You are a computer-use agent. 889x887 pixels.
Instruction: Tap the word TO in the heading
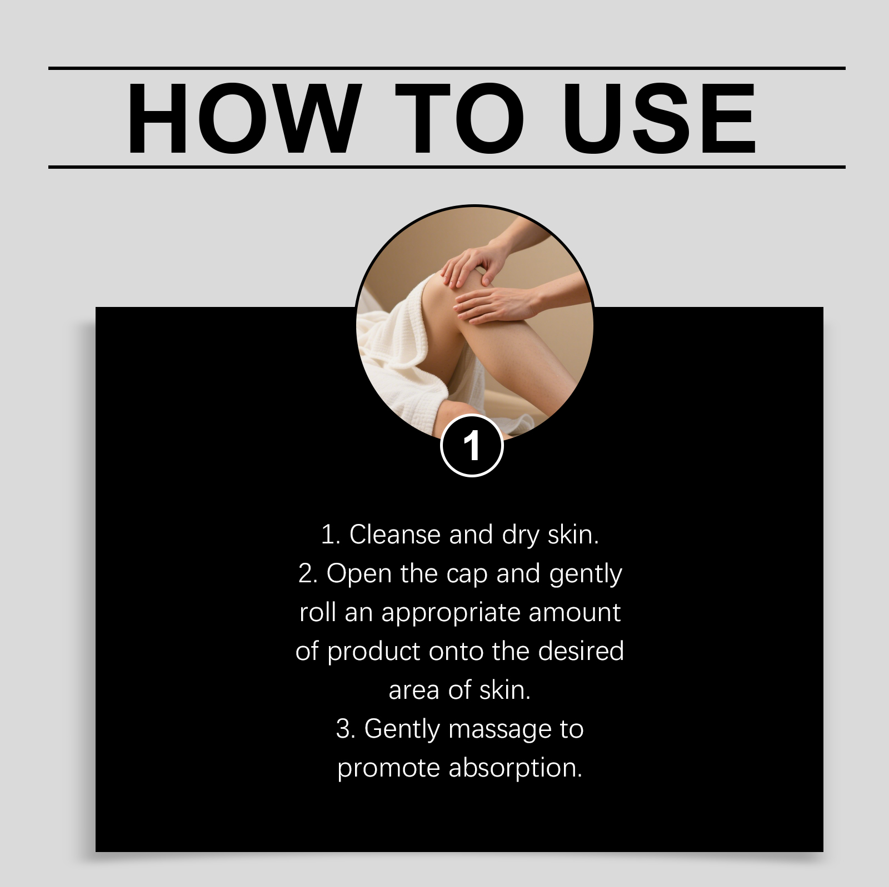tap(460, 118)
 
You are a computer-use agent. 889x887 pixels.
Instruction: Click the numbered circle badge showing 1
tap(472, 445)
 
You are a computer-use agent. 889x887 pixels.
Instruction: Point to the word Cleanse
tap(395, 535)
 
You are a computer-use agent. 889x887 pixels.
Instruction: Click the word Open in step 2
tap(358, 574)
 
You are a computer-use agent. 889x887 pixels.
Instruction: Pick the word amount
tap(575, 613)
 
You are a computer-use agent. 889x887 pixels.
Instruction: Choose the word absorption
tap(515, 768)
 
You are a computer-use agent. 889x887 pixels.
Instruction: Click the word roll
tap(318, 613)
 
